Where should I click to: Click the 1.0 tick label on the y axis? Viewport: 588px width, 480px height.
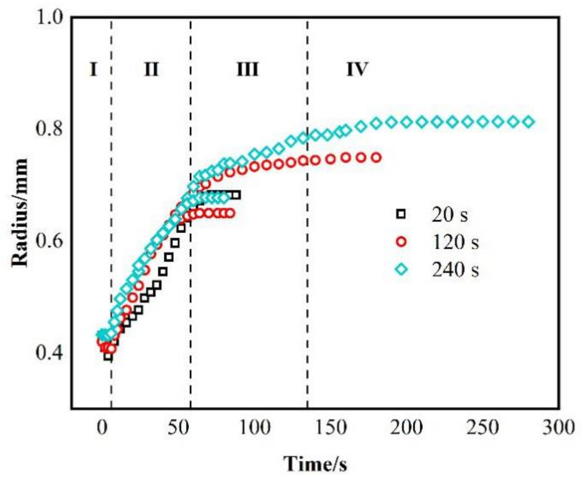(50, 19)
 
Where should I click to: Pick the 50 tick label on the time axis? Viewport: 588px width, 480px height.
(178, 427)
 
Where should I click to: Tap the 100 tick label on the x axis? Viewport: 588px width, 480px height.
(254, 427)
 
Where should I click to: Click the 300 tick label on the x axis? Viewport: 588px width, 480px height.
(559, 427)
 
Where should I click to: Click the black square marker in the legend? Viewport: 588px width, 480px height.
(401, 215)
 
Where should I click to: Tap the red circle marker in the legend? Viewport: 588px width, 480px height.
(401, 242)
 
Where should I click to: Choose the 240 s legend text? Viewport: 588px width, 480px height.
(455, 269)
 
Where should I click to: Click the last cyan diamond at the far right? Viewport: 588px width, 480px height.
(529, 122)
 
